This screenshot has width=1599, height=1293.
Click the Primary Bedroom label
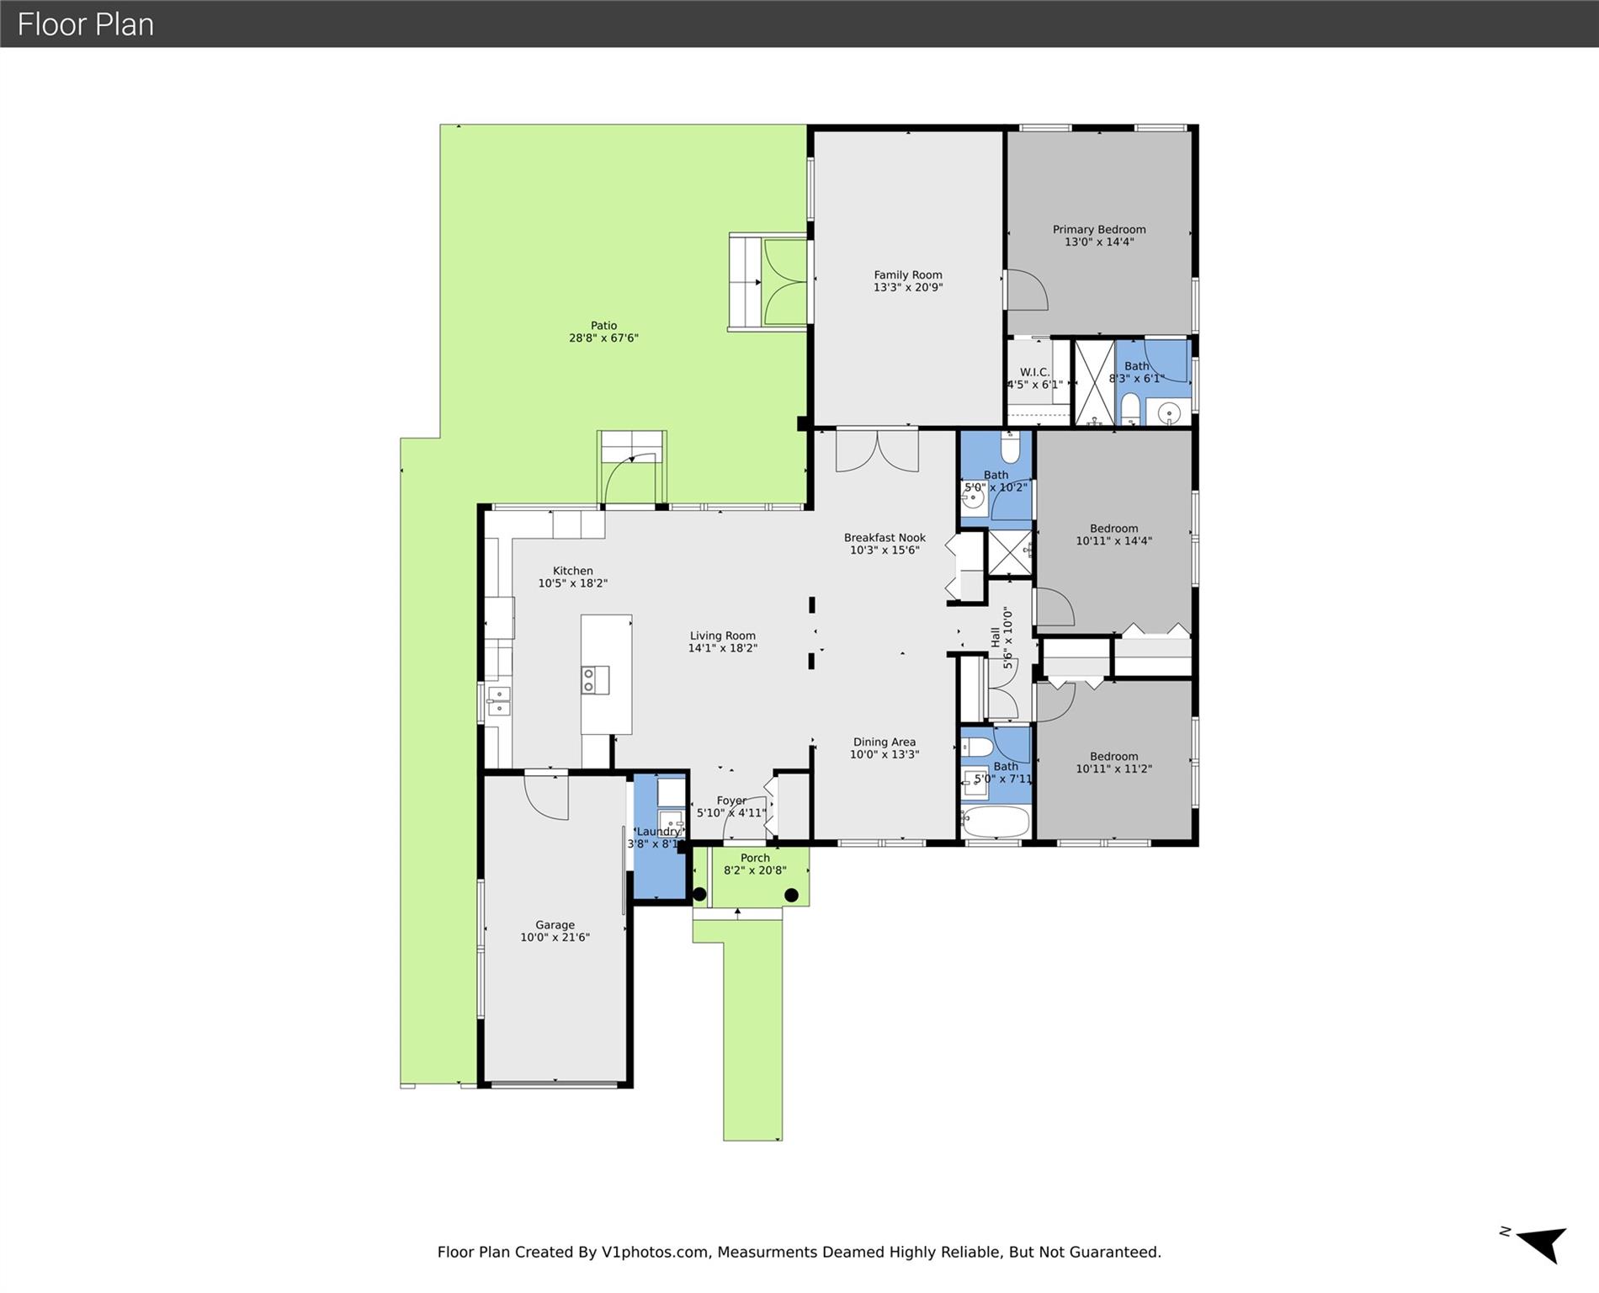[x=1099, y=230]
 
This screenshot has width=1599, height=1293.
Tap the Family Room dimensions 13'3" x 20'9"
[x=908, y=287]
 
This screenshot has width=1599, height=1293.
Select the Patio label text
[x=603, y=326]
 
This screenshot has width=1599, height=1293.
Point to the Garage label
[x=555, y=925]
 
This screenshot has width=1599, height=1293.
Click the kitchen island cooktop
[x=595, y=680]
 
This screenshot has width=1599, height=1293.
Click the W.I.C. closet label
[x=1034, y=372]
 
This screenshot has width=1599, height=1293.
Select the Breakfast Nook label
[x=884, y=538]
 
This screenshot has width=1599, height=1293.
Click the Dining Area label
[x=884, y=742]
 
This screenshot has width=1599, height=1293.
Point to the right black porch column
[x=791, y=896]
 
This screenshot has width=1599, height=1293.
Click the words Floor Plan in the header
[x=86, y=24]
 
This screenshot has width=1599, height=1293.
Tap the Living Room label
[x=723, y=636]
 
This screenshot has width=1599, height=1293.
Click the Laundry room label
[x=658, y=832]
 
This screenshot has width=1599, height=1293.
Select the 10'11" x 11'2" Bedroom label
[x=1113, y=757]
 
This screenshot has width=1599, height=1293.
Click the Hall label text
[x=996, y=637]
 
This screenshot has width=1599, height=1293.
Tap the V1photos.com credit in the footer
[x=655, y=1252]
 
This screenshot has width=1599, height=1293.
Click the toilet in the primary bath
[x=1130, y=410]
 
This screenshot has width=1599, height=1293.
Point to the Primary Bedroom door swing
[x=1028, y=290]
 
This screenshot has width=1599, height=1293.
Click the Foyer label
[x=731, y=801]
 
